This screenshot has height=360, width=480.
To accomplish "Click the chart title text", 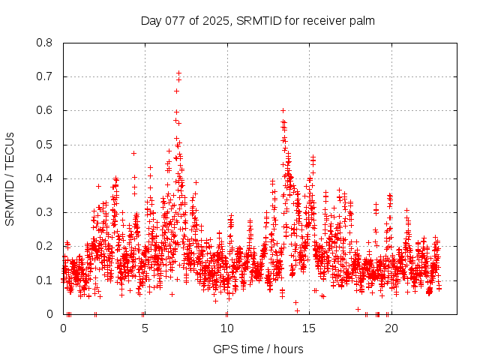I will pyautogui.click(x=258, y=20).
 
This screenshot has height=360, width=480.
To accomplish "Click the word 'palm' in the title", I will pyautogui.click(x=361, y=20).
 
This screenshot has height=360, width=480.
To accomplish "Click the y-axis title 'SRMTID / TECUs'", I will pyautogui.click(x=10, y=178).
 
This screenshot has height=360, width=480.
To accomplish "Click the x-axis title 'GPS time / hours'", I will pyautogui.click(x=258, y=349).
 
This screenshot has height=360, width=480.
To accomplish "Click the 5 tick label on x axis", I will pyautogui.click(x=145, y=328).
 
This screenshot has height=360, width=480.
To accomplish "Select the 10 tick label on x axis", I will pyautogui.click(x=226, y=328).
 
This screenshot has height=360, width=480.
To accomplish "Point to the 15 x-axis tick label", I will pyautogui.click(x=308, y=328).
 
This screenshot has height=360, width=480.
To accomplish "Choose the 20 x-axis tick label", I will pyautogui.click(x=390, y=328).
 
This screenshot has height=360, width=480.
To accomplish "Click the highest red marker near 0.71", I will pyautogui.click(x=178, y=73).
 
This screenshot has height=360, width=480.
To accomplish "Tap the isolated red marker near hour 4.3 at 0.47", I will pyautogui.click(x=133, y=153).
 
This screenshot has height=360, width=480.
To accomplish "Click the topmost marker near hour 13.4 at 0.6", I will pyautogui.click(x=283, y=110).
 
